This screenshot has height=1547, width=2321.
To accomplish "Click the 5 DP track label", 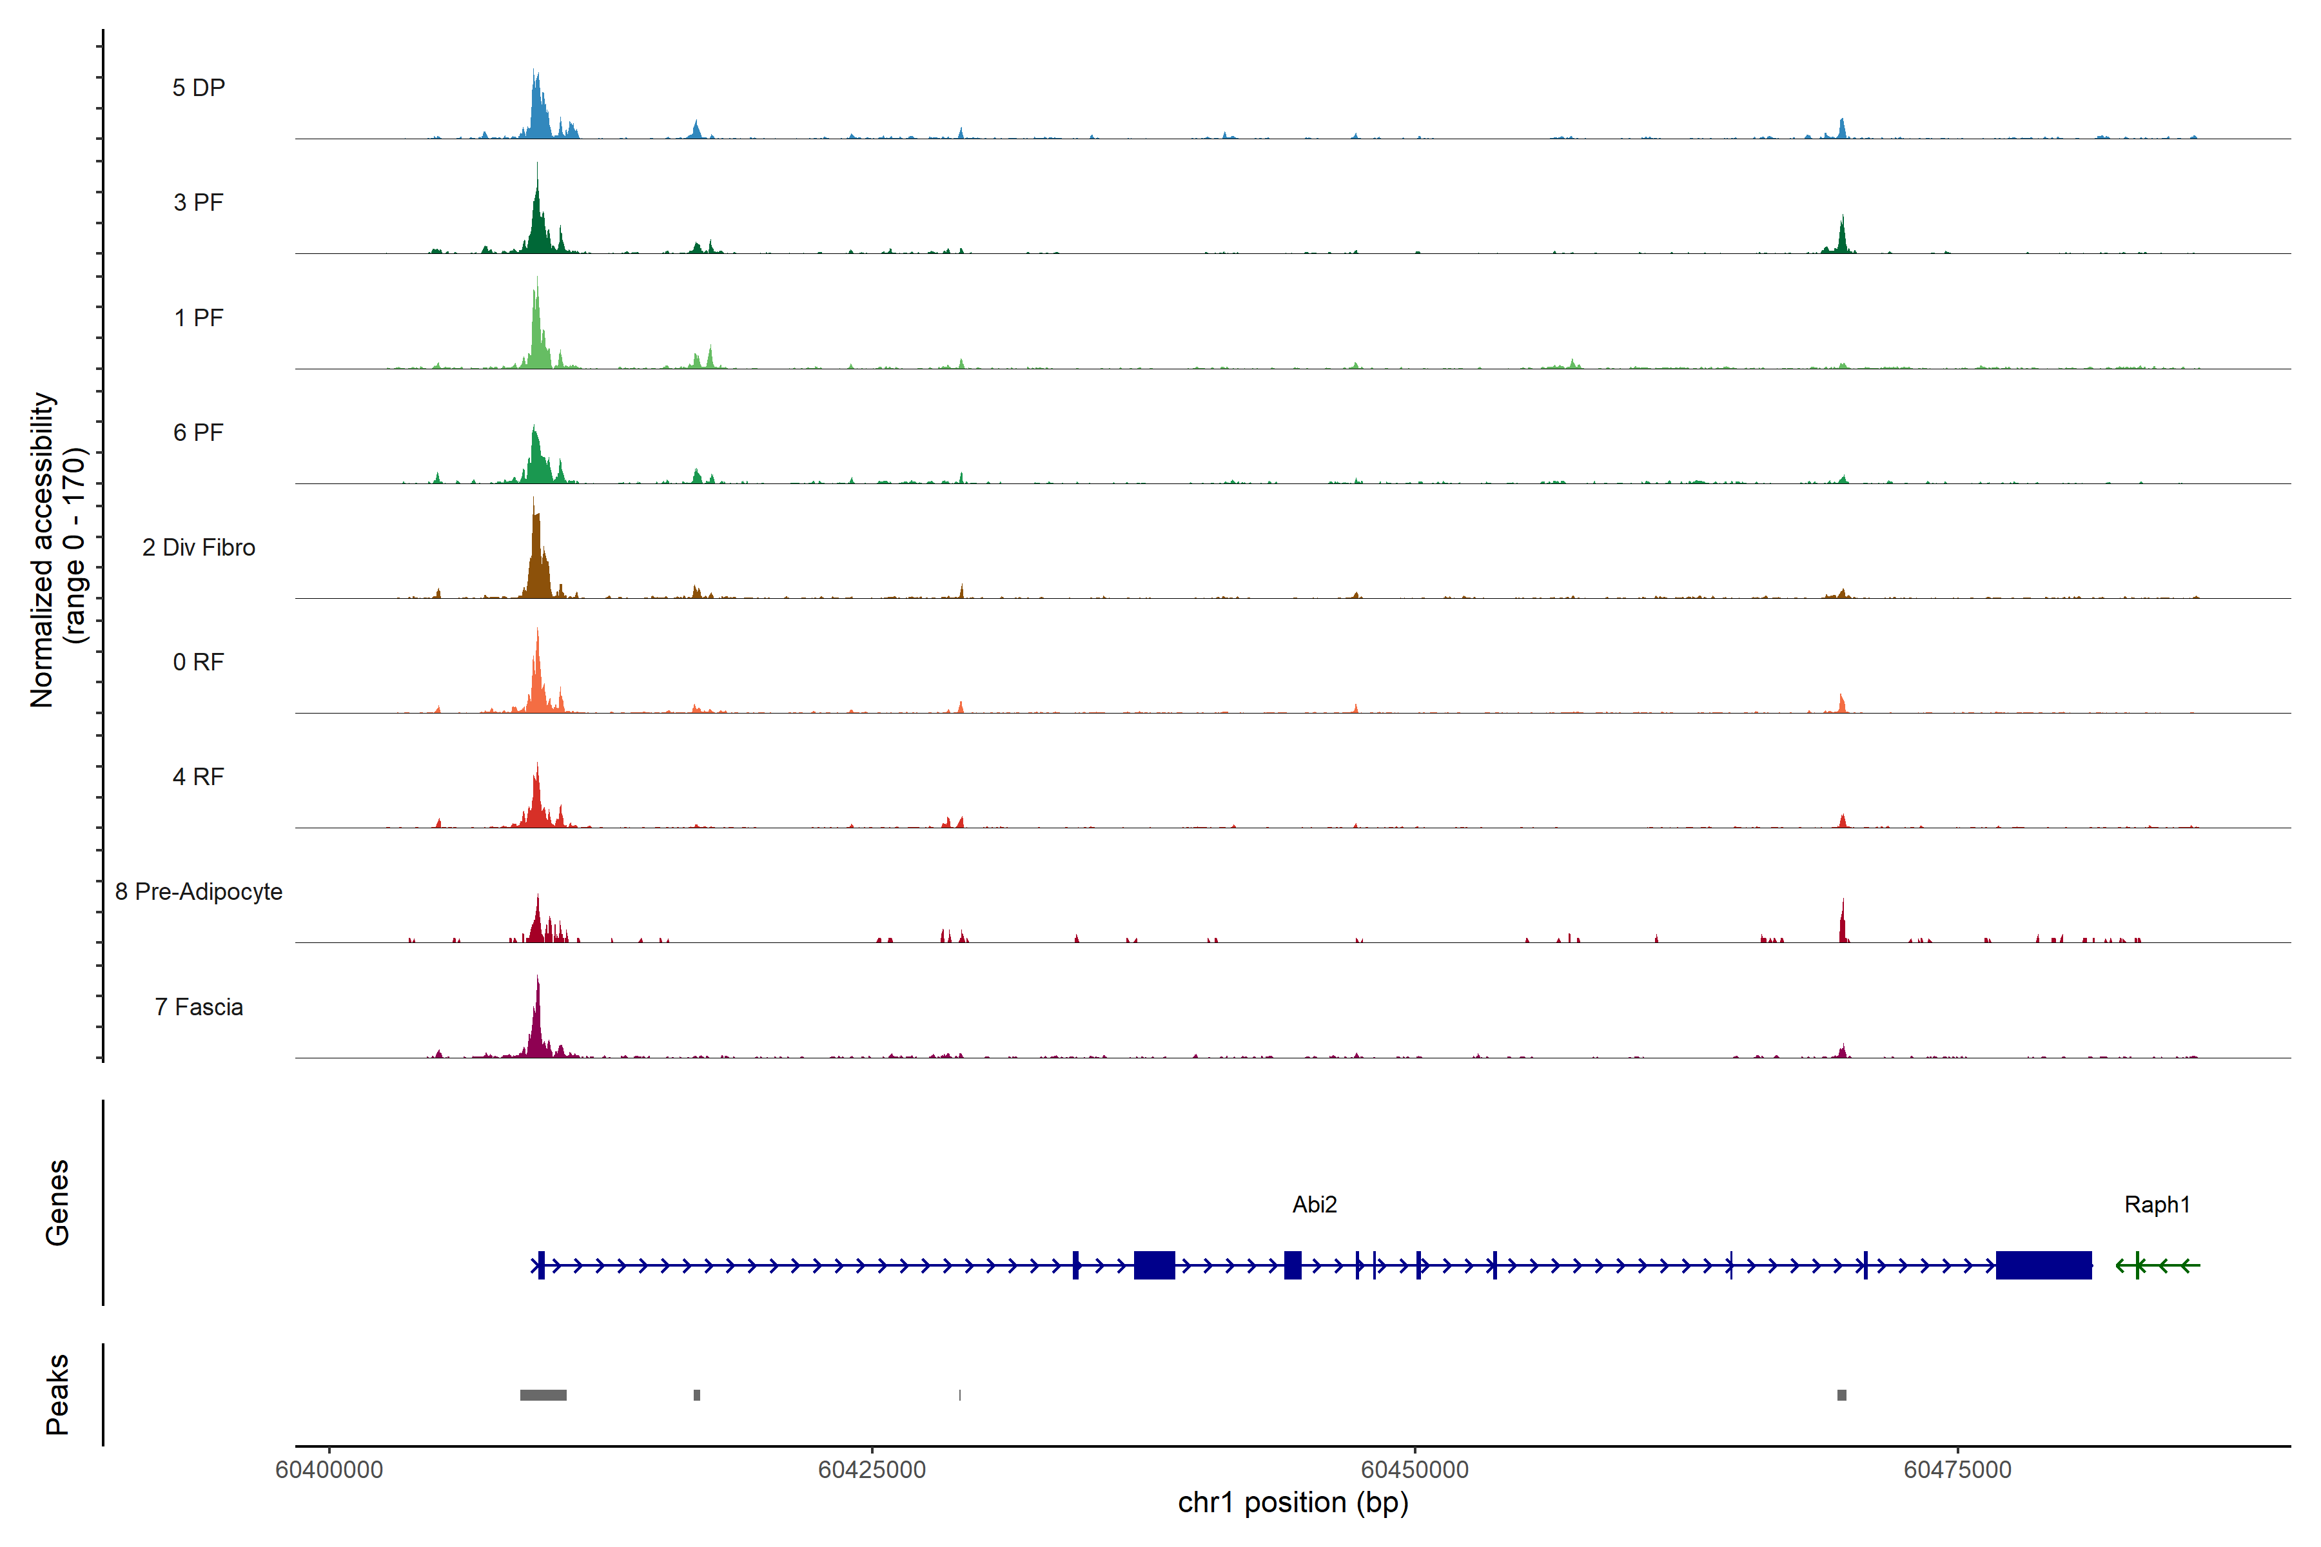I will [199, 88].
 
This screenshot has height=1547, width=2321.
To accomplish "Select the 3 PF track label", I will [199, 202].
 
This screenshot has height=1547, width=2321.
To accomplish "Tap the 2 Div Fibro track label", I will [199, 547].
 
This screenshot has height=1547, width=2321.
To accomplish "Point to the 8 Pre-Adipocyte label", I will [199, 892].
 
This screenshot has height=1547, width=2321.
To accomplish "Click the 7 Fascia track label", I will [199, 1007].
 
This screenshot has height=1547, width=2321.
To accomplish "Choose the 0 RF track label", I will [199, 662].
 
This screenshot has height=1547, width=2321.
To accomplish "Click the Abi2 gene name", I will [1315, 1205].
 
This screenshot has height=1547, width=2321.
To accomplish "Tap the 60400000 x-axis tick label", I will [329, 1470].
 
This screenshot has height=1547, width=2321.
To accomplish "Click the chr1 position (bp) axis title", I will [1293, 1503].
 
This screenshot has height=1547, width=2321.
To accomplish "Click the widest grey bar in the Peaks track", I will [543, 1395].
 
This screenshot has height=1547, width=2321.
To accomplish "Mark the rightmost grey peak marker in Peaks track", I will [1841, 1395].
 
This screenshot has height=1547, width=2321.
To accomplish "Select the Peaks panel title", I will [57, 1394].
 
